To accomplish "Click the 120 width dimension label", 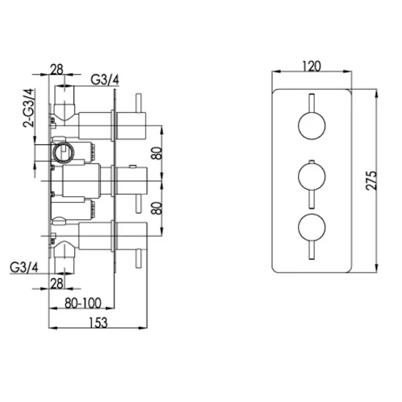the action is (312, 66).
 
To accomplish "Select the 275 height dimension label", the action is (371, 181).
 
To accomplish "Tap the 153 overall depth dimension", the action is (98, 323).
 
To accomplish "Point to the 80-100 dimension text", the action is (82, 304).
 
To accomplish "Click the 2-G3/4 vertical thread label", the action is (28, 108).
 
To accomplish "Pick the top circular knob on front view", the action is (312, 126).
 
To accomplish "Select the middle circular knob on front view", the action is (312, 176).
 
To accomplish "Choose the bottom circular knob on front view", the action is (312, 227).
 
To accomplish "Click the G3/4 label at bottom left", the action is (24, 267).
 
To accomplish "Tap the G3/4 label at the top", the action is (105, 80).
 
